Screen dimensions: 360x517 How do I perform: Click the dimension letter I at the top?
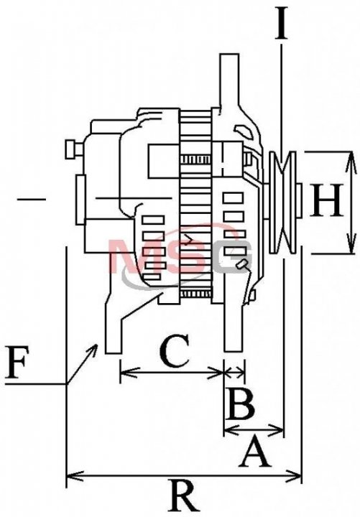282,24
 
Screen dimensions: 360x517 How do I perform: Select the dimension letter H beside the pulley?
326,200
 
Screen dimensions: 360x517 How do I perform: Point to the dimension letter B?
241,404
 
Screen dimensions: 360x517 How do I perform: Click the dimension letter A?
255,452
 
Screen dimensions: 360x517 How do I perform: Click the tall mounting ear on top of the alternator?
230,83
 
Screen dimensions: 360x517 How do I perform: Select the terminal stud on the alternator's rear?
73,149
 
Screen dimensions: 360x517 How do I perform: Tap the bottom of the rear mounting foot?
114,353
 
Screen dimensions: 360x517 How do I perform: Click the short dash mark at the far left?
32,199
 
